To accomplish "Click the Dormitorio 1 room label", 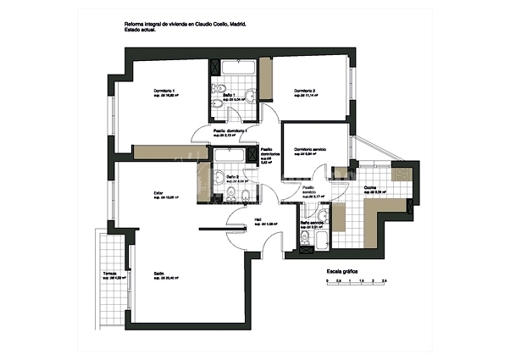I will tap(164, 91).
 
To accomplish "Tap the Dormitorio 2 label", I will tap(305, 91).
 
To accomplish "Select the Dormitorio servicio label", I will tap(311, 150).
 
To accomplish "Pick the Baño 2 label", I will tap(231, 176).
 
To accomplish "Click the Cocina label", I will tap(370, 187).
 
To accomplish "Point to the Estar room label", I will tap(158, 193).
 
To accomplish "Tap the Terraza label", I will tap(110, 273).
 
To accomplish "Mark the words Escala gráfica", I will tap(343, 271).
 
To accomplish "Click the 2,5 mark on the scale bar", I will tap(384, 280).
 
